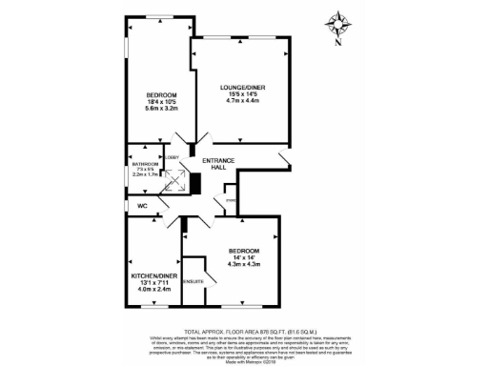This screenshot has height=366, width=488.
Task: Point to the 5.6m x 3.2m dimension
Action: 161,109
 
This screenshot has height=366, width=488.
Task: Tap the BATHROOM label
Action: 145,165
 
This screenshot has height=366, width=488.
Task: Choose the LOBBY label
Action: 173,157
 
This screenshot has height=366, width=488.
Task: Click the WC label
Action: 143,206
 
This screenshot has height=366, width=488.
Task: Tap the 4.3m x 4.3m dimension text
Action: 244,264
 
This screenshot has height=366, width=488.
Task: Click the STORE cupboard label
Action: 230,202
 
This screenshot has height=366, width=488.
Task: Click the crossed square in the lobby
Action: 173,180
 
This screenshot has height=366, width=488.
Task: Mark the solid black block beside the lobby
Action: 195,183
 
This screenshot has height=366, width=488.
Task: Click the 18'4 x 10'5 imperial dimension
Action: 161,102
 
